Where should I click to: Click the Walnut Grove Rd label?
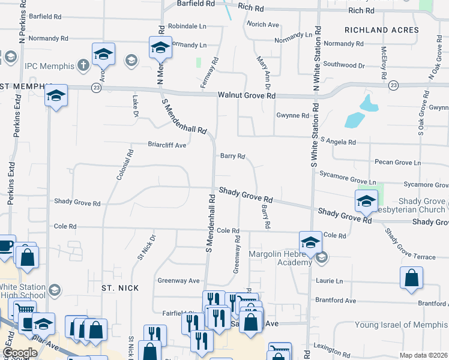click(246, 95)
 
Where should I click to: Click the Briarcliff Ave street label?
click(167, 145)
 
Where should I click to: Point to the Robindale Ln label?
click(187, 26)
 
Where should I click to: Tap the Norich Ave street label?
click(263, 25)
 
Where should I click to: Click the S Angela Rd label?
click(338, 142)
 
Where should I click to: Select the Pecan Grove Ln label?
click(397, 163)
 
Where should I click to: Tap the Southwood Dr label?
click(344, 64)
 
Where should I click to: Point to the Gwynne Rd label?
click(292, 115)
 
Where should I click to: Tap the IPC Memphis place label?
click(49, 65)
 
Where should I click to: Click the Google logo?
click(20, 353)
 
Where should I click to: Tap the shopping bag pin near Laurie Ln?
click(411, 279)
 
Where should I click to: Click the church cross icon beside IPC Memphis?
click(83, 64)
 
